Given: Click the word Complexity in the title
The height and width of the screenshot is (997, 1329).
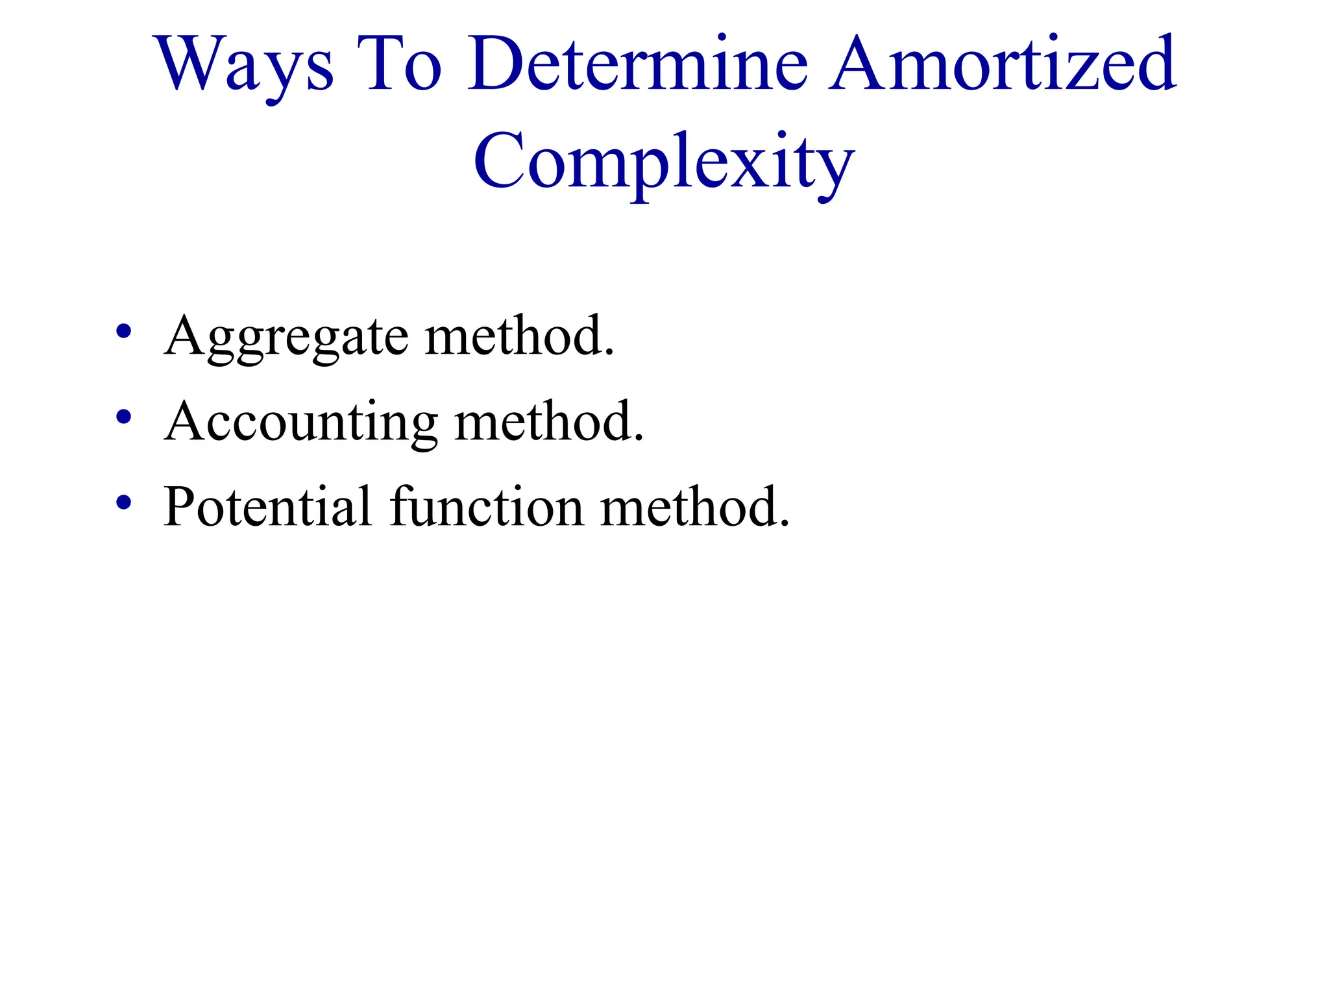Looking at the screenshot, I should [x=663, y=162].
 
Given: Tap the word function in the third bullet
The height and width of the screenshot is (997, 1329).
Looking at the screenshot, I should [x=487, y=507].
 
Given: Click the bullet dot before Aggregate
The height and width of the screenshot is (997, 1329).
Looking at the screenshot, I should [x=123, y=332].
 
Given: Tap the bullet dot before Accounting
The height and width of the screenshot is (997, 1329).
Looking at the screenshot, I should [x=123, y=417].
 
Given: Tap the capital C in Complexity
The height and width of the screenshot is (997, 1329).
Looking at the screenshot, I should [x=500, y=161].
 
